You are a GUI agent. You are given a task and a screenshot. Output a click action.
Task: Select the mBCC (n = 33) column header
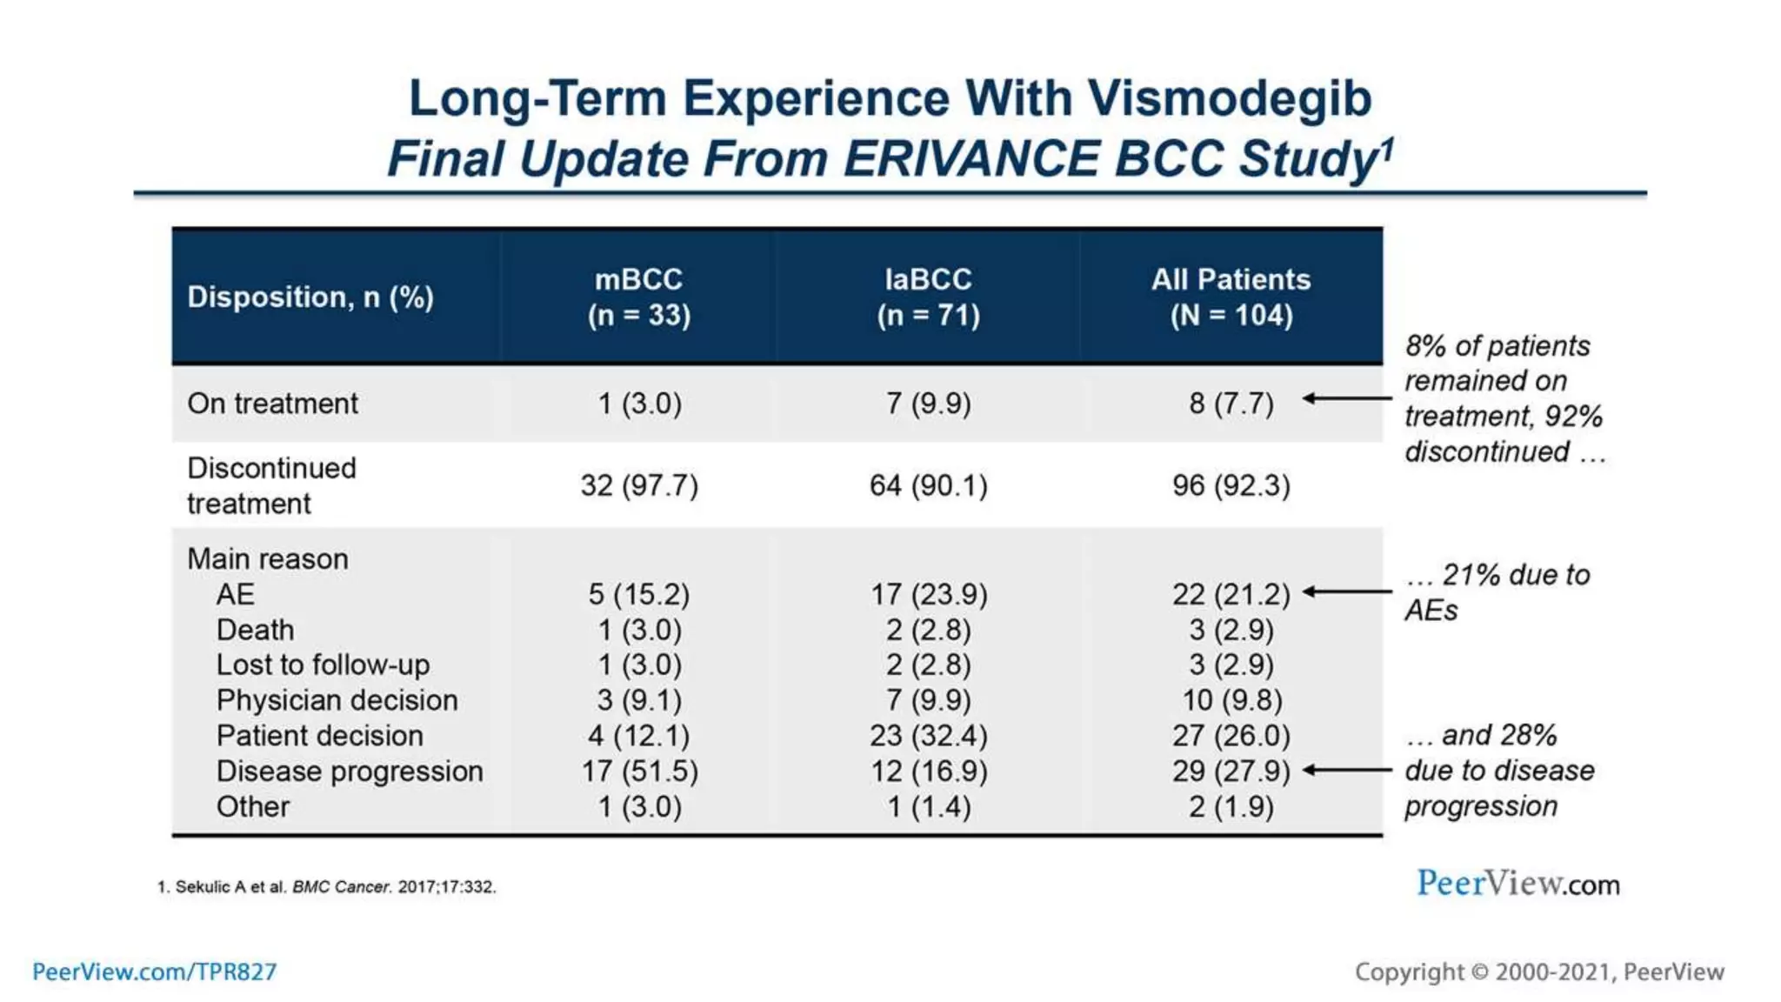639,297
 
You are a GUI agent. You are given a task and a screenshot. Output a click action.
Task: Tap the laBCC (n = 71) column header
928,297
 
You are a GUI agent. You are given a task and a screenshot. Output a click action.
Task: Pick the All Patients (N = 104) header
1231,297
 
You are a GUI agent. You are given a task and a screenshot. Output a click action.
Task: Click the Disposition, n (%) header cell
310,297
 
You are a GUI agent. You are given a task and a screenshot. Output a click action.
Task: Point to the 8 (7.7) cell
1231,404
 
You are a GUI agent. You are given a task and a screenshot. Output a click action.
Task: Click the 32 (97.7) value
639,485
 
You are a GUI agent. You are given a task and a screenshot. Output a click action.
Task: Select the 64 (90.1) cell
928,485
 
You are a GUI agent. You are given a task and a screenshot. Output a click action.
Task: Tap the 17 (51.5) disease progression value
639,772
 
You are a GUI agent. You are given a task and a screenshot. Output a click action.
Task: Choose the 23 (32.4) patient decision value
928,736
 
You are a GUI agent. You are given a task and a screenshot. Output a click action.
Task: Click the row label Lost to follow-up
323,665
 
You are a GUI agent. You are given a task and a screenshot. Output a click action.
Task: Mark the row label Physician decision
337,701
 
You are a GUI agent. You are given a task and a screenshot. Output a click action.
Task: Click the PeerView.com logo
1518,884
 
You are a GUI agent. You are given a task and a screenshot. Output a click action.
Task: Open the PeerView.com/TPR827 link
154,972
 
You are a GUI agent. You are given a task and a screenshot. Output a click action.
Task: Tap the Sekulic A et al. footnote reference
327,887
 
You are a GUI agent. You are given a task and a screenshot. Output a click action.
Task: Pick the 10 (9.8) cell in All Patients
1231,701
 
